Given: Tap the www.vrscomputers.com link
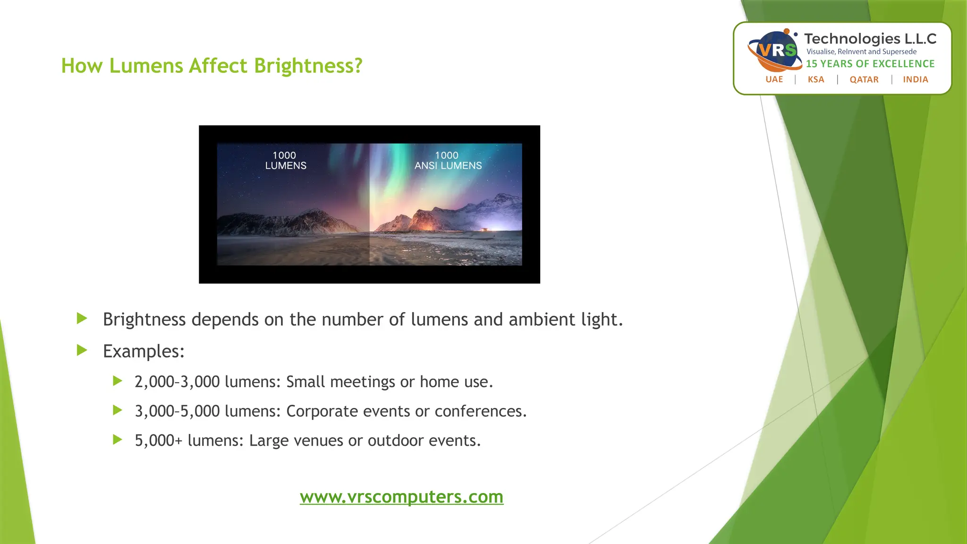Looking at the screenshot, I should tap(401, 497).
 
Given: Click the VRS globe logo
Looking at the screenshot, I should tap(775, 50).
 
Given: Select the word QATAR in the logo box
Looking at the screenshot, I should tap(864, 79).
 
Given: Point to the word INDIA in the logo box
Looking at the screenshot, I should tap(916, 79).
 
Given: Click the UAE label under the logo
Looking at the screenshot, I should tap(774, 79).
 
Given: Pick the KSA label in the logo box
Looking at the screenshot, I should tap(816, 79).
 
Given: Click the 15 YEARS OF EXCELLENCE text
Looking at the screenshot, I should tap(870, 64).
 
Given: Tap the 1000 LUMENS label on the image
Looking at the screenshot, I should tap(285, 161).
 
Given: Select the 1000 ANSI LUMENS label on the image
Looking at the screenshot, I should tap(448, 161).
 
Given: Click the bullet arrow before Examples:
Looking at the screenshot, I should tap(82, 350).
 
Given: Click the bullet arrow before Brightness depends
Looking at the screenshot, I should tap(82, 318).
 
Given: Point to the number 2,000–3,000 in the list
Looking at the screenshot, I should tap(177, 382).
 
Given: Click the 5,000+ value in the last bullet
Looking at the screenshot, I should tap(158, 441).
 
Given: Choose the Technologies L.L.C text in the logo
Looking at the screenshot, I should tap(870, 39).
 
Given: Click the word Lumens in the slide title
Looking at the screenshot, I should tap(146, 66).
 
